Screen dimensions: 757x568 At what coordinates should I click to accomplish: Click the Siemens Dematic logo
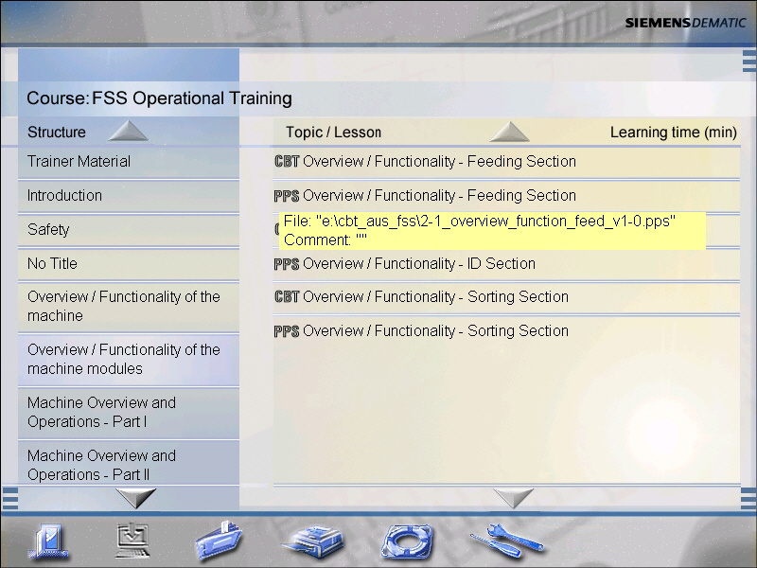point(685,23)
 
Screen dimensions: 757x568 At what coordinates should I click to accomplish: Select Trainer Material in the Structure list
point(79,161)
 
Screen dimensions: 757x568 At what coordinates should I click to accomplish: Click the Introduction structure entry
point(64,196)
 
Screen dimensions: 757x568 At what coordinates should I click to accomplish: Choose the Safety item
point(48,229)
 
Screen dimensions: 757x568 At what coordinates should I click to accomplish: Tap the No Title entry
point(52,264)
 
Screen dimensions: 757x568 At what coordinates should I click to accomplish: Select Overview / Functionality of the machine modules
point(124,359)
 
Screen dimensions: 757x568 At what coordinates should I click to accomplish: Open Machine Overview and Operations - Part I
point(101,412)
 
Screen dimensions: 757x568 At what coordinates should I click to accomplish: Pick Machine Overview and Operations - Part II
point(101,465)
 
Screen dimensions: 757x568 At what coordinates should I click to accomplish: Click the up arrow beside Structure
point(128,132)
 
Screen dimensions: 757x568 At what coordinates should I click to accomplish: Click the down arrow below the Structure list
point(136,498)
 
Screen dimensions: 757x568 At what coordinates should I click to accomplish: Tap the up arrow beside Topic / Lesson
point(509,132)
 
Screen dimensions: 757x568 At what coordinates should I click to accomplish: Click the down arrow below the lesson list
point(513,498)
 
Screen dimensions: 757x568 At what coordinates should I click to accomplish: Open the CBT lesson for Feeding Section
point(425,161)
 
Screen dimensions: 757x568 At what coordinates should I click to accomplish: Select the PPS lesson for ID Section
point(405,264)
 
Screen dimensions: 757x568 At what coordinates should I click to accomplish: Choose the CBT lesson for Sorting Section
point(421,296)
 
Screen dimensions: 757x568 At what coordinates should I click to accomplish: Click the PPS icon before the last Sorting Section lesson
point(287,331)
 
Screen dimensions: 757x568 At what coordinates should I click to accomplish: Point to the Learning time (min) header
point(674,133)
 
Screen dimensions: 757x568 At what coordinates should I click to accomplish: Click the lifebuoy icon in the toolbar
point(407,541)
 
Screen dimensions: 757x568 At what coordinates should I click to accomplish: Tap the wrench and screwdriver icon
point(507,540)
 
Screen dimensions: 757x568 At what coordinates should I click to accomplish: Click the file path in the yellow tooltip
point(480,222)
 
